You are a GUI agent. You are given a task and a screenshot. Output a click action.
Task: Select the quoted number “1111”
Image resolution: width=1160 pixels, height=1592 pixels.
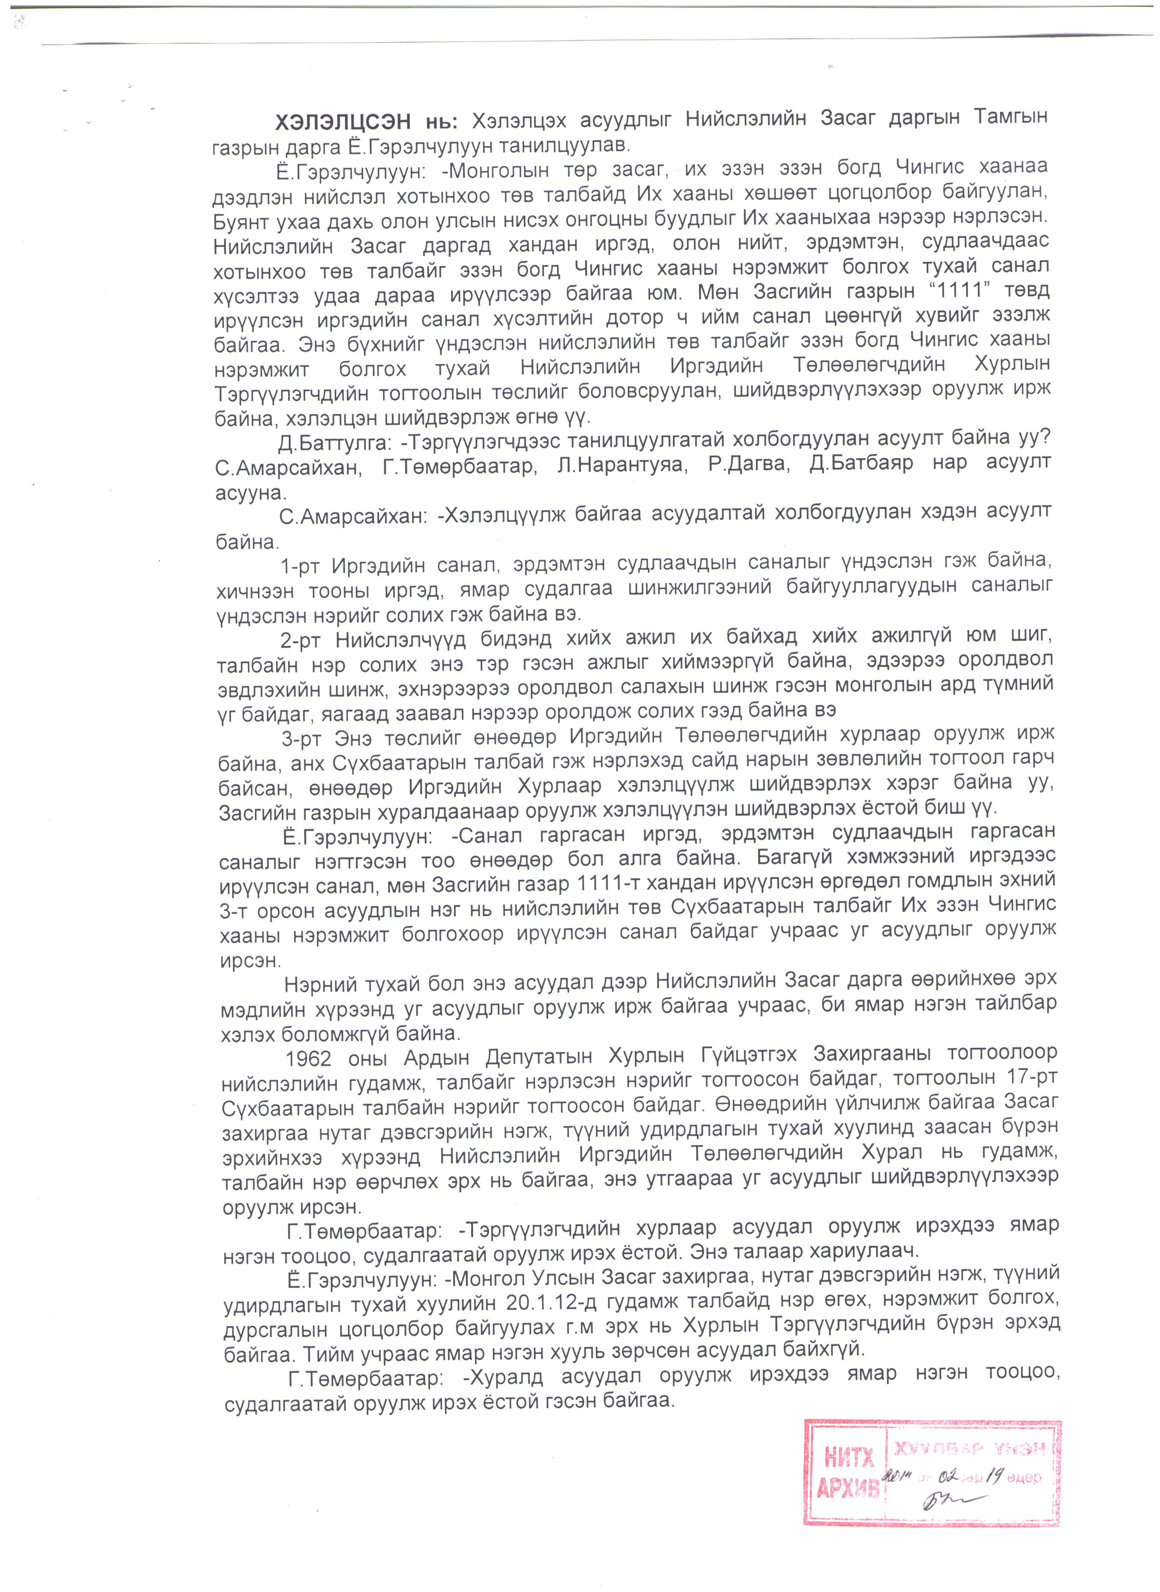(x=958, y=290)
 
